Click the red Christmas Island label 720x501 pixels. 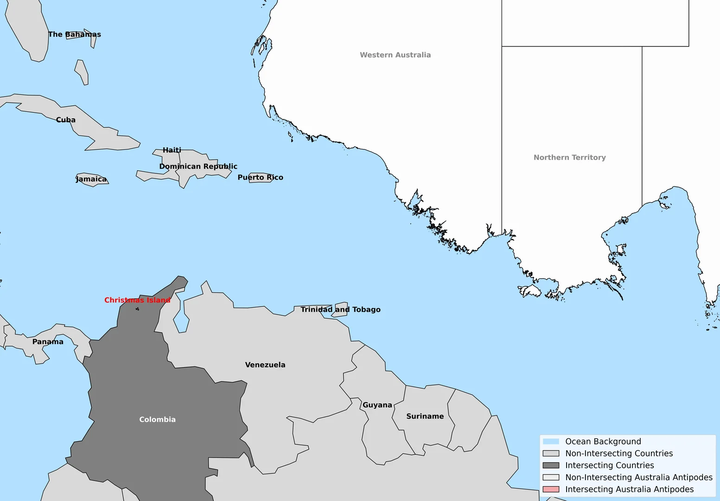click(x=137, y=300)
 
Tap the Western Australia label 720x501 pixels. click(x=395, y=55)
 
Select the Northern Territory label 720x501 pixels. click(x=569, y=157)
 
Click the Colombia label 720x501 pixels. click(x=158, y=419)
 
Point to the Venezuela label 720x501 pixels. click(x=265, y=365)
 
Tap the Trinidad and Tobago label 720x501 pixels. click(x=340, y=309)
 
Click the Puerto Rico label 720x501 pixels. click(x=260, y=177)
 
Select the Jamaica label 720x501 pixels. click(x=91, y=179)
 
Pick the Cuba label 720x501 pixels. click(x=66, y=120)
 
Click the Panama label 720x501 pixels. click(x=48, y=342)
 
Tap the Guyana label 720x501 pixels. click(x=377, y=405)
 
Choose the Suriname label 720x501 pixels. click(x=425, y=416)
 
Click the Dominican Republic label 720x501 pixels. click(x=198, y=166)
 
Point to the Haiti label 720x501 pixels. click(x=172, y=150)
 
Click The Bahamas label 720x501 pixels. click(x=75, y=34)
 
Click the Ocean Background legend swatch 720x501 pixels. click(x=551, y=442)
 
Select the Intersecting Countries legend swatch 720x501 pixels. click(x=551, y=465)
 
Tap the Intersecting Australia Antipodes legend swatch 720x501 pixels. click(x=551, y=489)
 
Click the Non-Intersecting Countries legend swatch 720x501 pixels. click(x=551, y=453)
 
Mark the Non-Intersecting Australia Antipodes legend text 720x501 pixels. click(x=639, y=477)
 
